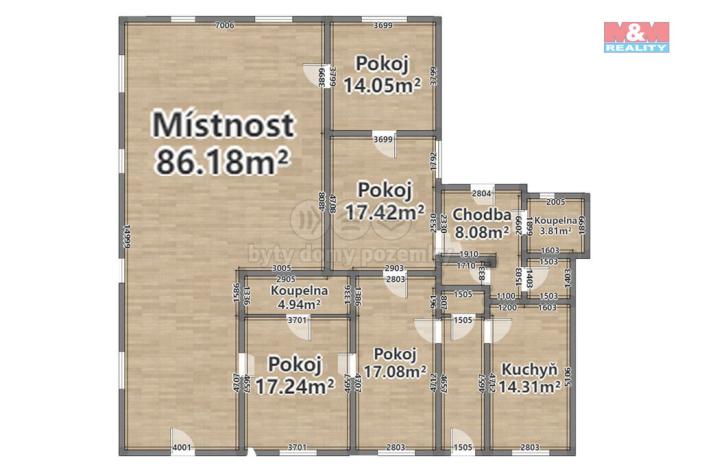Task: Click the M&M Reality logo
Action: click(x=636, y=36)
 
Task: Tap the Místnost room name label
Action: click(x=222, y=125)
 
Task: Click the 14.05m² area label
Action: click(x=380, y=85)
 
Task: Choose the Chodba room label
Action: click(x=482, y=215)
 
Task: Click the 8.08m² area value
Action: click(x=483, y=233)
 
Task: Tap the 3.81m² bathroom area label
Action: click(x=552, y=230)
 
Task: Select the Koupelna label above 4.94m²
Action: click(x=298, y=291)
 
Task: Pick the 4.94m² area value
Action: click(x=298, y=306)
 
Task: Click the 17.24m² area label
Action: click(x=294, y=384)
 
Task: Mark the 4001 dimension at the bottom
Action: click(x=182, y=446)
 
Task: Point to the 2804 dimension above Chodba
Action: click(x=481, y=192)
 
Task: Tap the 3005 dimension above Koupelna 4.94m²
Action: click(x=282, y=269)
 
